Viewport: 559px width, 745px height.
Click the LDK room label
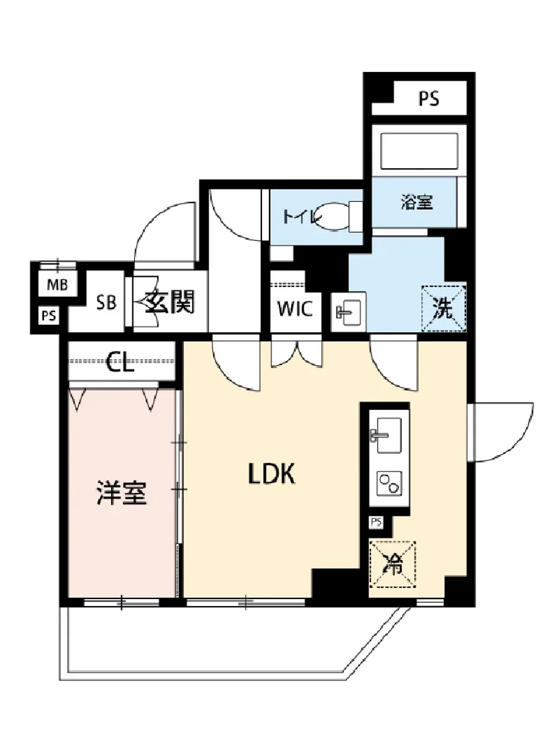[271, 475]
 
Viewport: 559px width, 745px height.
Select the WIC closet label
[296, 309]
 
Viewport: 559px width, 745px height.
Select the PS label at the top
[428, 99]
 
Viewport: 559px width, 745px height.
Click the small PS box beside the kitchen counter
[376, 522]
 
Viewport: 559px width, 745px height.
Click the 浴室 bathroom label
[417, 202]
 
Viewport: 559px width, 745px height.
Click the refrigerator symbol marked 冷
[393, 564]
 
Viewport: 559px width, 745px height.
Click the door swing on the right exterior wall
[500, 433]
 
